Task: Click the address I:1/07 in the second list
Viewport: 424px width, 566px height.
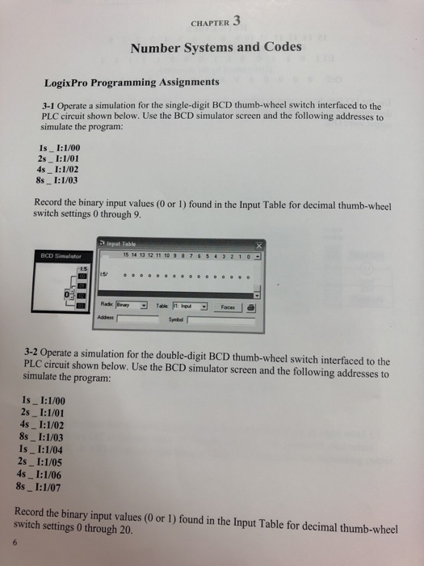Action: point(64,487)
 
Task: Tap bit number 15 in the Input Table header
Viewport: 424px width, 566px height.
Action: point(127,256)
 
